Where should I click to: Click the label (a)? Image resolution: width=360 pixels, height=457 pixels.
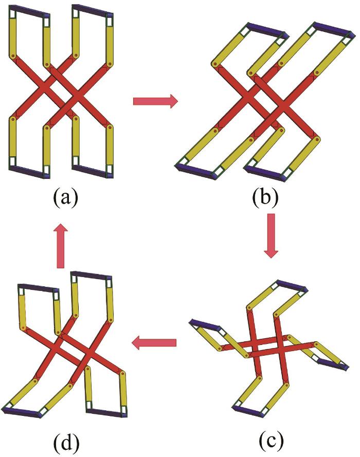(x=66, y=197)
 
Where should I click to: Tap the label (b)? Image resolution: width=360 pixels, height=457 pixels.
(x=265, y=197)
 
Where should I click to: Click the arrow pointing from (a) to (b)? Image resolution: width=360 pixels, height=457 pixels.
(x=155, y=101)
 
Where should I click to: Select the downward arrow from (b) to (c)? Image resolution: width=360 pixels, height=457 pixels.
(x=271, y=236)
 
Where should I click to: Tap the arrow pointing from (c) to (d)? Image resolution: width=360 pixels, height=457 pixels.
(x=154, y=342)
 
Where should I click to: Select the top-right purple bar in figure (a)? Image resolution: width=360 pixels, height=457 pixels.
(x=93, y=11)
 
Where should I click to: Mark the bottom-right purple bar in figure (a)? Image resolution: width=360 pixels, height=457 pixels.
(x=93, y=172)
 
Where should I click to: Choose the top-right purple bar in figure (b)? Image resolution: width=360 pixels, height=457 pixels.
(x=334, y=29)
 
